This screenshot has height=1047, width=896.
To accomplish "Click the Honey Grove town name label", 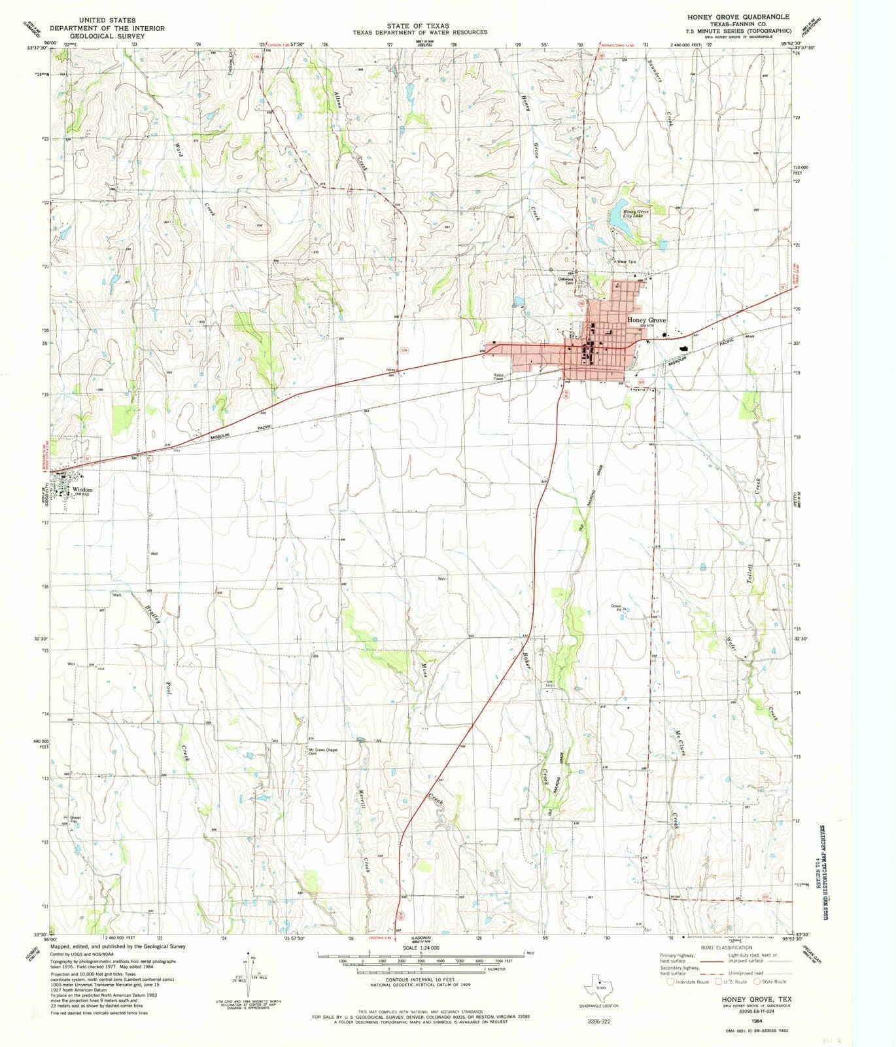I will tap(646, 320).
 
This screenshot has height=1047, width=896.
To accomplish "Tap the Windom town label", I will tap(82, 489).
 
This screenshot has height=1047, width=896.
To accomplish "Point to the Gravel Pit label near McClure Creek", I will tap(616, 608).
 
